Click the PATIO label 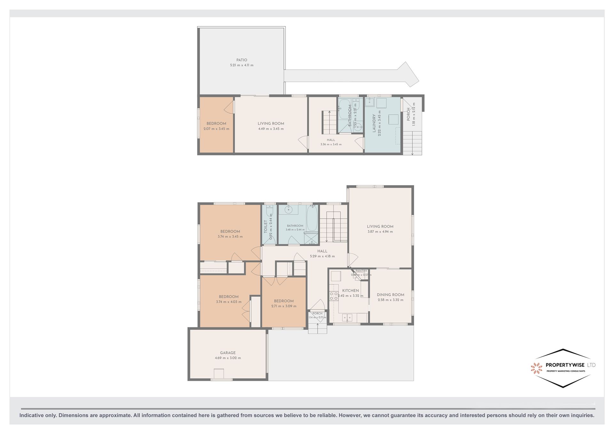click(242, 60)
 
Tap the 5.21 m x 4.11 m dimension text click(242, 65)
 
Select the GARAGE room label click(228, 353)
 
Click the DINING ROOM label click(390, 295)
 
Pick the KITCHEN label click(350, 291)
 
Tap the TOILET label click(265, 226)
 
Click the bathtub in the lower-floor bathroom click(312, 218)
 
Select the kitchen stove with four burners click(334, 296)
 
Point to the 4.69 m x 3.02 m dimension click(228, 358)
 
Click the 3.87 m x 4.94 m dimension click(380, 231)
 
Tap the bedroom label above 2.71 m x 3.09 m click(284, 301)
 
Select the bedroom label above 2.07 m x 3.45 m click(216, 124)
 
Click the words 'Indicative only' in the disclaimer click(38, 415)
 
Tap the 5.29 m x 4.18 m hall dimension click(322, 256)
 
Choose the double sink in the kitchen click(347, 318)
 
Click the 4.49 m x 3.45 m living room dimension click(271, 129)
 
